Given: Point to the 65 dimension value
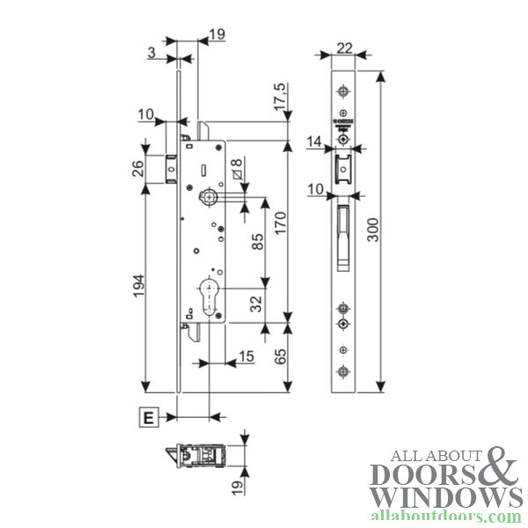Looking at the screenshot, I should [x=280, y=357].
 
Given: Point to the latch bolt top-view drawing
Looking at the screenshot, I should [x=199, y=457].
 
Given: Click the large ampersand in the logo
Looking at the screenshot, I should [x=498, y=468].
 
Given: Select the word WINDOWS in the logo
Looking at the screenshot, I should [x=446, y=497].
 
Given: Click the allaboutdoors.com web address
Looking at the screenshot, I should [x=446, y=517].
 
